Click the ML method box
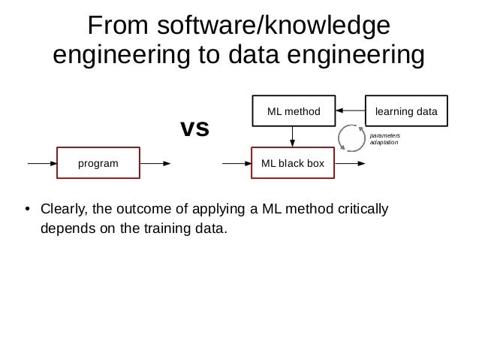293,111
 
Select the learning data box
405,111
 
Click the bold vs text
194,129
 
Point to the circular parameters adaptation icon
351,138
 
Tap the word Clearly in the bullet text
64,208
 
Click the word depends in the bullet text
65,226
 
